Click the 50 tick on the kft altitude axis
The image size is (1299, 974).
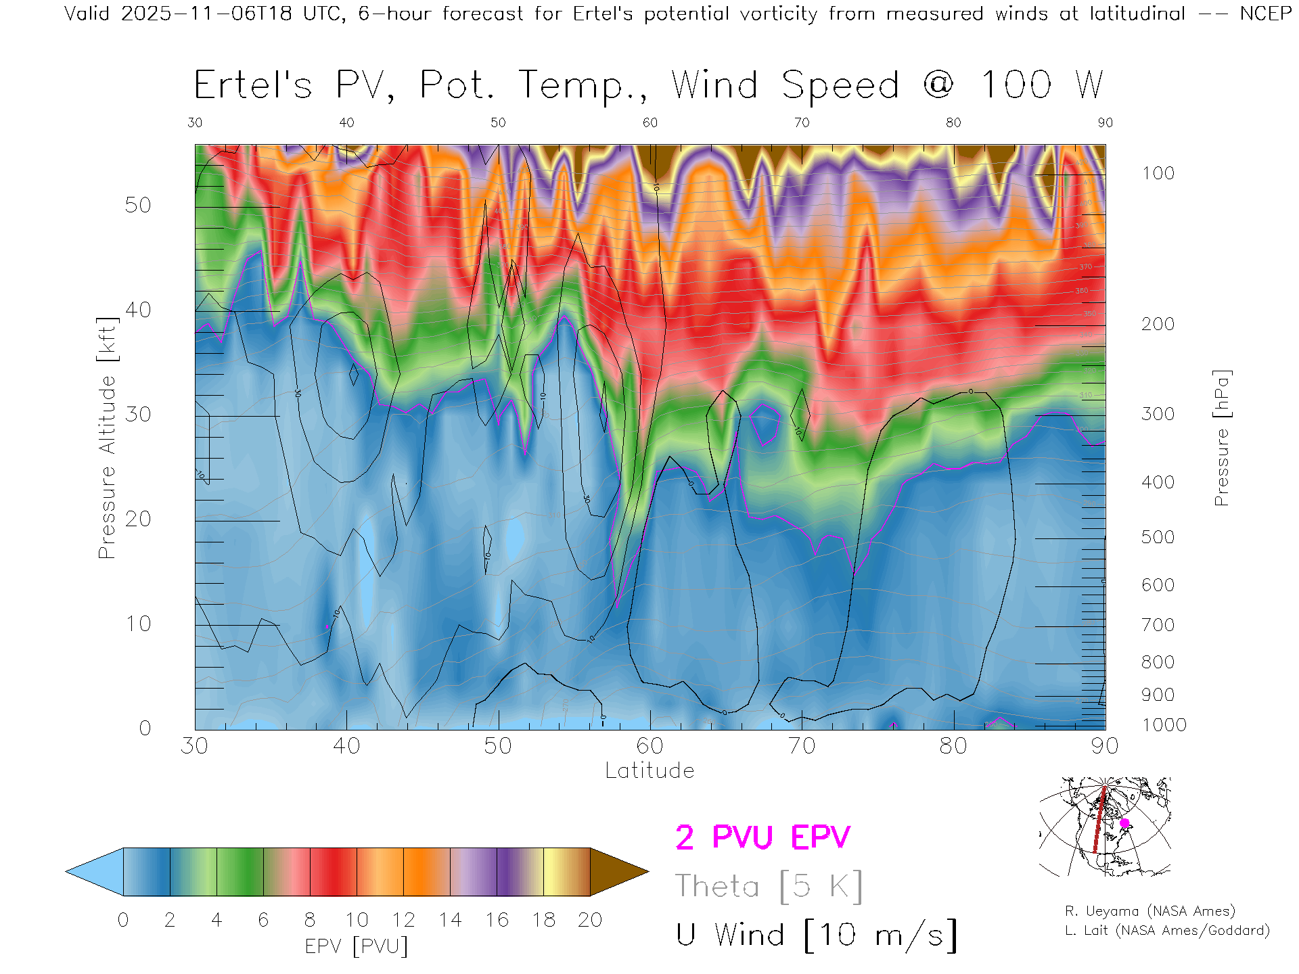(137, 205)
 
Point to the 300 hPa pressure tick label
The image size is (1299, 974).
(1158, 414)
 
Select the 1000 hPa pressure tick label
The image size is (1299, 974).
(1164, 725)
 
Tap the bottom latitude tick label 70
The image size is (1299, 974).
(801, 746)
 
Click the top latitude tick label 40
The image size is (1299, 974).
(346, 122)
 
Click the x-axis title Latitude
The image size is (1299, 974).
(649, 771)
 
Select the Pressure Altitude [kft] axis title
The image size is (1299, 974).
(107, 438)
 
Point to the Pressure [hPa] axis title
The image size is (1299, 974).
(1221, 438)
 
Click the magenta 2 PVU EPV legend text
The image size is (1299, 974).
(762, 837)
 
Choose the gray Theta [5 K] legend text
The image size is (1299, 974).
(769, 886)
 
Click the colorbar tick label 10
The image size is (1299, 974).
(357, 920)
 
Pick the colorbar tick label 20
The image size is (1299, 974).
(590, 920)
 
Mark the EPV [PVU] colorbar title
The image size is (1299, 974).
(357, 946)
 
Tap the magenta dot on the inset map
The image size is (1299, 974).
(1124, 823)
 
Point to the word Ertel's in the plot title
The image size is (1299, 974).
(253, 86)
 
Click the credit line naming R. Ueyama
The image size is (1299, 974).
(1150, 911)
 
